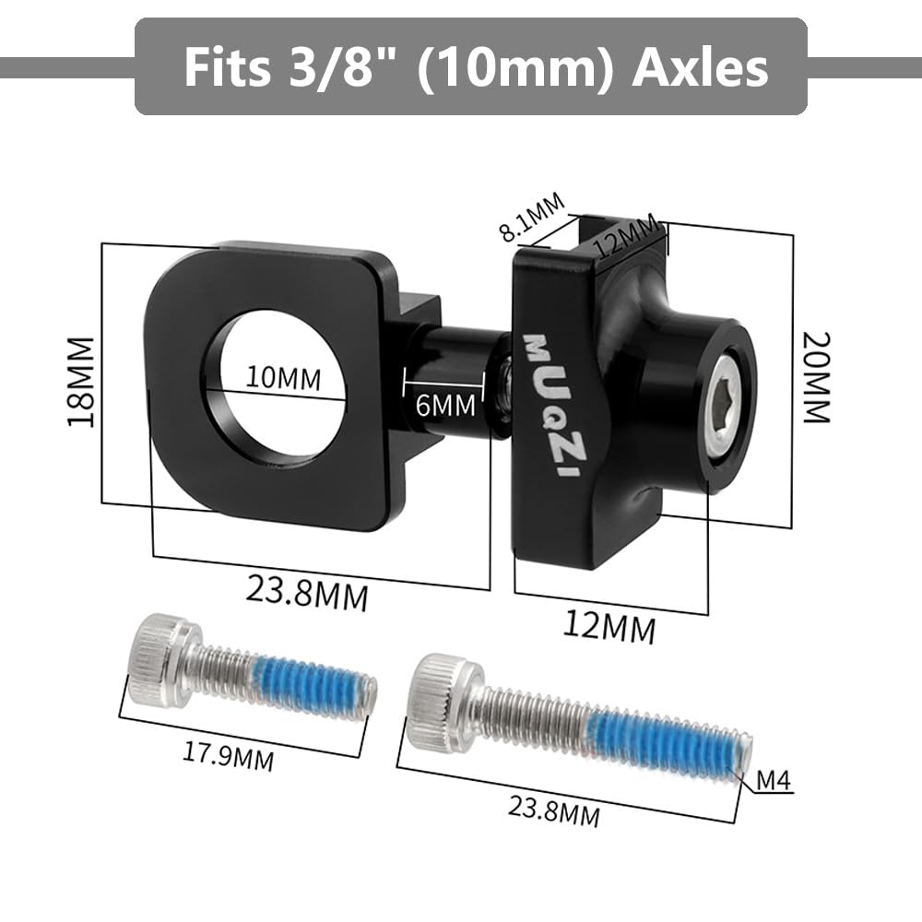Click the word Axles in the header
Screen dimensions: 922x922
pos(700,67)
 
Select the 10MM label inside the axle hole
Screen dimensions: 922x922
pos(283,377)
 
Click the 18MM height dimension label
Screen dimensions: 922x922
pos(81,382)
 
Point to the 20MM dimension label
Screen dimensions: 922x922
pos(817,377)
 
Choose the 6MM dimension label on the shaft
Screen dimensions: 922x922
pos(445,405)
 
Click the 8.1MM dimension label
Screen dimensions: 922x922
pos(533,218)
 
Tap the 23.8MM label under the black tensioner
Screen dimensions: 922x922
pos(307,593)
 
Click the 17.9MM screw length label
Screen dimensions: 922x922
pos(228,758)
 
